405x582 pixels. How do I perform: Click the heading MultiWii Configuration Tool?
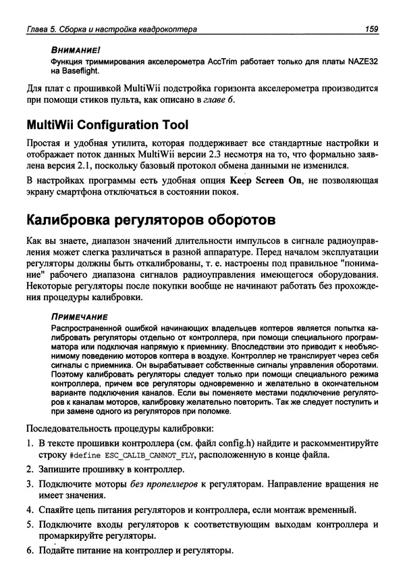107,126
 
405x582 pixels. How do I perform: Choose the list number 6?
30,550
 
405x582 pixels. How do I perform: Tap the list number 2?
30,469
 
